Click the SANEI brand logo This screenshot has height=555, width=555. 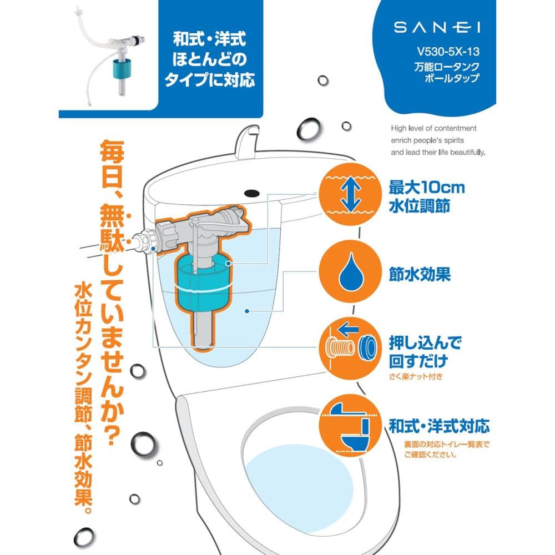coord(437,27)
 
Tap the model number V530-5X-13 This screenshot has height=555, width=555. coord(448,52)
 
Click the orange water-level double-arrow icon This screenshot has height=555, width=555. coord(350,194)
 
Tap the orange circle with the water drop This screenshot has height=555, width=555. coord(350,271)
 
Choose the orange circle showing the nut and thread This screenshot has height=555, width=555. coord(350,349)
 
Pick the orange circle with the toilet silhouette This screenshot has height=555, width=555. coord(350,426)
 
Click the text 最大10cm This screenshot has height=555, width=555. coord(427,188)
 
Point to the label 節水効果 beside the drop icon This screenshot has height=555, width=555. coord(420,274)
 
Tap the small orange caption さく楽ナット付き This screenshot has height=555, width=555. coord(416,376)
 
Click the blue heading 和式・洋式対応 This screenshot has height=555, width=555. coord(439,426)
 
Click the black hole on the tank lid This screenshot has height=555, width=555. coord(251,194)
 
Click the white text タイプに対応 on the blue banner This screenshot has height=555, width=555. coord(210,79)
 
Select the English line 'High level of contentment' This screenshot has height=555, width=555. coord(433,128)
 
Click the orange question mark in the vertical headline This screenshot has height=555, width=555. coord(112,434)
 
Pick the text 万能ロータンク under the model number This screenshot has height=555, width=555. coord(447,67)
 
